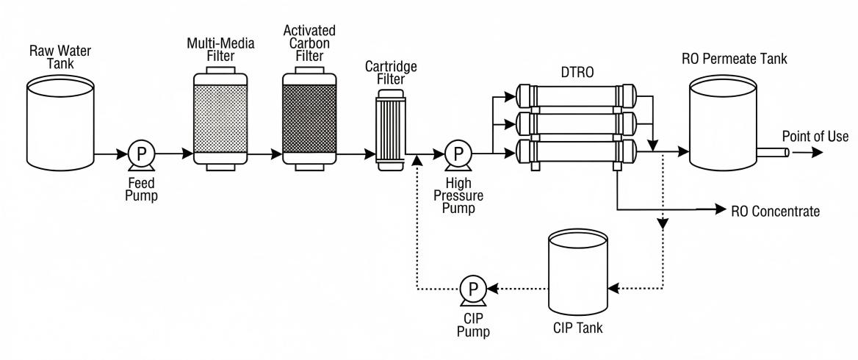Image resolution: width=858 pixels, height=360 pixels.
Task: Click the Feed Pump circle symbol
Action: coord(138,154)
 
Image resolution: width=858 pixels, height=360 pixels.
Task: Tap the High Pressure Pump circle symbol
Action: coord(459,154)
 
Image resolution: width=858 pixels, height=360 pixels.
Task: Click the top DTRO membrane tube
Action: coord(576,96)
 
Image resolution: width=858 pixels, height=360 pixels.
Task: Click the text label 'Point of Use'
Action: coord(815,137)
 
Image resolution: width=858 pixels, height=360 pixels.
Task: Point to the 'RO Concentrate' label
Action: coord(775,211)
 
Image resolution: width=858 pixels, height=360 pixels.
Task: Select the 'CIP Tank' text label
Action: coord(579,328)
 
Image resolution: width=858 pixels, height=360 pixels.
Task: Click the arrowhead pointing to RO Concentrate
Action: coord(721,210)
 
